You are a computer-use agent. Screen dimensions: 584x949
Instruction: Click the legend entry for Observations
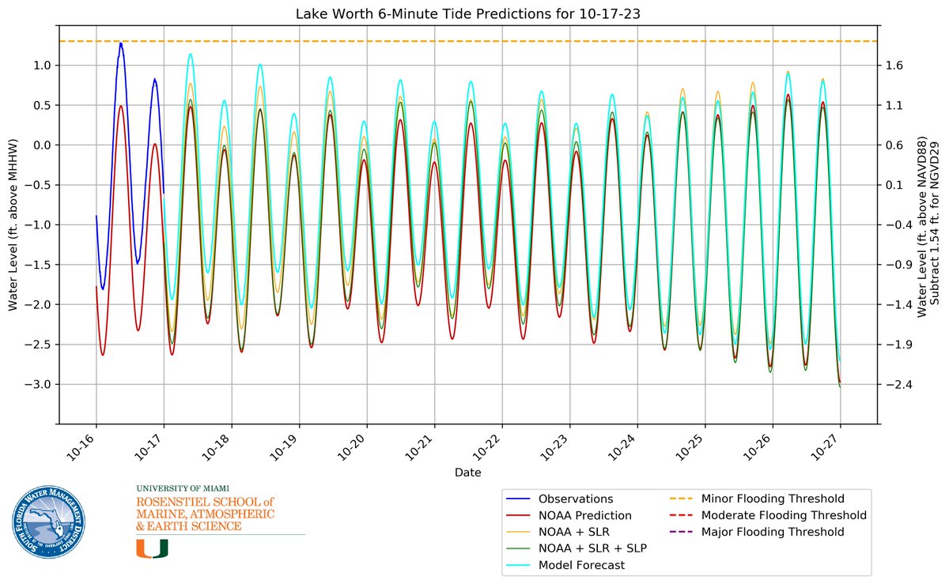coord(576,499)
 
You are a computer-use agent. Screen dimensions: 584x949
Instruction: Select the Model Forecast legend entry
coord(581,565)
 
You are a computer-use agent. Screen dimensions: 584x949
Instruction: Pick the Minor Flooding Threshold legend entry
coord(773,499)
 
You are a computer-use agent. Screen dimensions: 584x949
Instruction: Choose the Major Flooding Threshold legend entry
coord(773,532)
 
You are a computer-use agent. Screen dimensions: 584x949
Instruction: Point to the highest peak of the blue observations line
coord(120,43)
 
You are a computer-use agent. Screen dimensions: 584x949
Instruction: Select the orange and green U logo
coord(152,548)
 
